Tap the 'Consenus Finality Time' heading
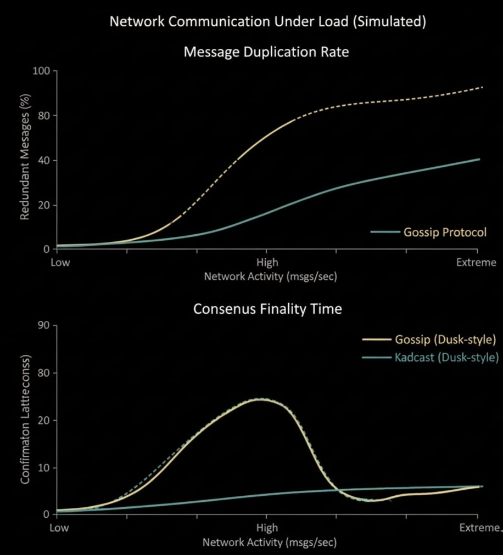coord(267,309)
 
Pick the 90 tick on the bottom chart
coord(43,326)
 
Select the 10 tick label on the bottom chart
coord(43,468)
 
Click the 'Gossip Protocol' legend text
coord(445,232)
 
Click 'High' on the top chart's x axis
coord(267,262)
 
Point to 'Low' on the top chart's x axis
coord(60,262)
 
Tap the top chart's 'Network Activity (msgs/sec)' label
coord(270,276)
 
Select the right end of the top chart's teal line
coord(479,159)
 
